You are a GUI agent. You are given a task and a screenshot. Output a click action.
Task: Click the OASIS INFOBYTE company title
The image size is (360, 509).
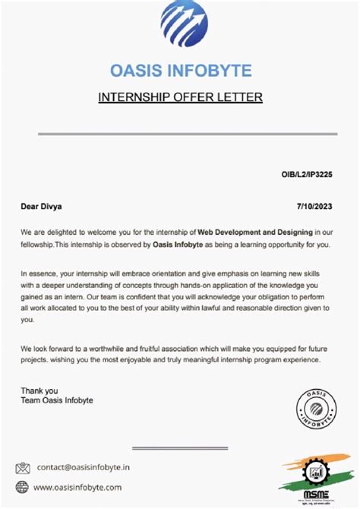pyautogui.click(x=180, y=71)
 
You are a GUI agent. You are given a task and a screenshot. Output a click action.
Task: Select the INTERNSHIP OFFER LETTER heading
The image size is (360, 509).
pyautogui.click(x=180, y=97)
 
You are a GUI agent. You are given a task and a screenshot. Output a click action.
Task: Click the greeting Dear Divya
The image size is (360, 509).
pyautogui.click(x=42, y=206)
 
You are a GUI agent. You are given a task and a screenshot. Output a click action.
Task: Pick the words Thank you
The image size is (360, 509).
pyautogui.click(x=39, y=390)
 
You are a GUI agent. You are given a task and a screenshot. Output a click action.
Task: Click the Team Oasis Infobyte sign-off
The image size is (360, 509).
pyautogui.click(x=57, y=400)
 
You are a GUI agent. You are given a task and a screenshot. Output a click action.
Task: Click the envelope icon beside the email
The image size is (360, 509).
pyautogui.click(x=23, y=468)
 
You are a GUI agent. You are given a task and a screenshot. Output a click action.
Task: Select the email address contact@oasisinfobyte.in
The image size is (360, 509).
pyautogui.click(x=83, y=468)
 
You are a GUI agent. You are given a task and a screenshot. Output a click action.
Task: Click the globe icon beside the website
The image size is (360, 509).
pyautogui.click(x=23, y=487)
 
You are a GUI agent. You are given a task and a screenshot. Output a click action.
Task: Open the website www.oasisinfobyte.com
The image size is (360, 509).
pyautogui.click(x=77, y=487)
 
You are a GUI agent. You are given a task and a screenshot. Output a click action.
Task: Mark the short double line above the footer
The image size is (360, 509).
pyautogui.click(x=180, y=448)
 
